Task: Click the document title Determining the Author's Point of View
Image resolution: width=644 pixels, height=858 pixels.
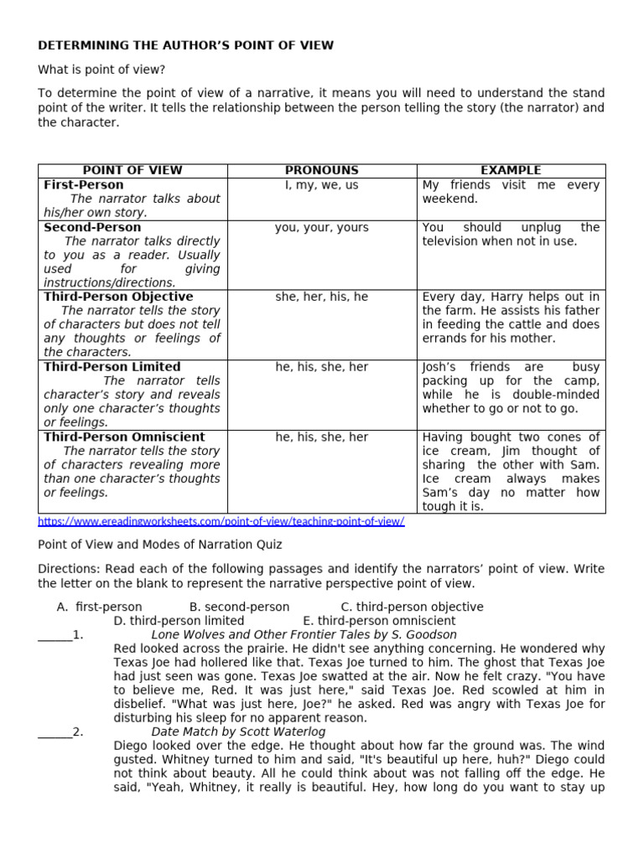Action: click(185, 45)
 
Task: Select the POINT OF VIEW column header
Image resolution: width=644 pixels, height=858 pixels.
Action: click(132, 170)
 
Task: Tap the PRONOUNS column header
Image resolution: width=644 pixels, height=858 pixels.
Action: click(321, 170)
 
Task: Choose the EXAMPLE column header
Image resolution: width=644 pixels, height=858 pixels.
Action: click(511, 170)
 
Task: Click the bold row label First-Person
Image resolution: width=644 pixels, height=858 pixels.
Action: click(84, 184)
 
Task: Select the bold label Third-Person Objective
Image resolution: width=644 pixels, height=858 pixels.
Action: click(118, 297)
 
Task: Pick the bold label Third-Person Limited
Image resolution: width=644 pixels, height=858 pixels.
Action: click(112, 367)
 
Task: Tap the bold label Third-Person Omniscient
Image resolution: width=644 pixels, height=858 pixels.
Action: click(124, 437)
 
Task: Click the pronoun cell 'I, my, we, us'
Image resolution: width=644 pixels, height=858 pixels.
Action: click(321, 184)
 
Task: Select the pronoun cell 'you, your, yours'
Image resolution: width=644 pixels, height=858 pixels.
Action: click(321, 227)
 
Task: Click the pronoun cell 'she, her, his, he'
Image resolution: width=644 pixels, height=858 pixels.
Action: click(321, 297)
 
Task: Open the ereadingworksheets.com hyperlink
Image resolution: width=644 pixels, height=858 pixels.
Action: click(221, 521)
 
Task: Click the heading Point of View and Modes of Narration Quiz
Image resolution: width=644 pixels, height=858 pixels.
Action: click(160, 543)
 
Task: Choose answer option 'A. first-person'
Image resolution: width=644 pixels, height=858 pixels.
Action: click(99, 607)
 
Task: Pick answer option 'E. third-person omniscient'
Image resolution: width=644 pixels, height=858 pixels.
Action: click(379, 621)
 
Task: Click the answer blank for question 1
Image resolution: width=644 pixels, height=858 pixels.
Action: click(55, 635)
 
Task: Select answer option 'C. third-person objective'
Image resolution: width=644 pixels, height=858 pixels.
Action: click(412, 607)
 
